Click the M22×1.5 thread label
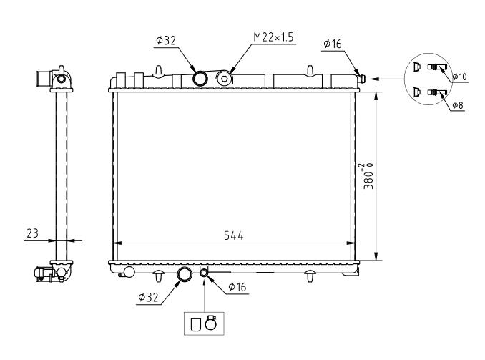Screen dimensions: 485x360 [273, 37]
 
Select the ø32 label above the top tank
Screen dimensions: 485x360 [166, 40]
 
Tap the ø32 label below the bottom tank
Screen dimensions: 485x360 [148, 298]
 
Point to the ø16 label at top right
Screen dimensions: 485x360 [333, 44]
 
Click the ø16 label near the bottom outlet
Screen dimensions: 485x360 [237, 287]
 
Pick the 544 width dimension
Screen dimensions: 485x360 [234, 236]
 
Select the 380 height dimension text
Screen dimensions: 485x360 [368, 176]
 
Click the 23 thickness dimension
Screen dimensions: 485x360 [32, 233]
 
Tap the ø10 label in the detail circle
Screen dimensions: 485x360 [460, 77]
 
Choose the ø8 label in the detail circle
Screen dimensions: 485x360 [458, 105]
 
